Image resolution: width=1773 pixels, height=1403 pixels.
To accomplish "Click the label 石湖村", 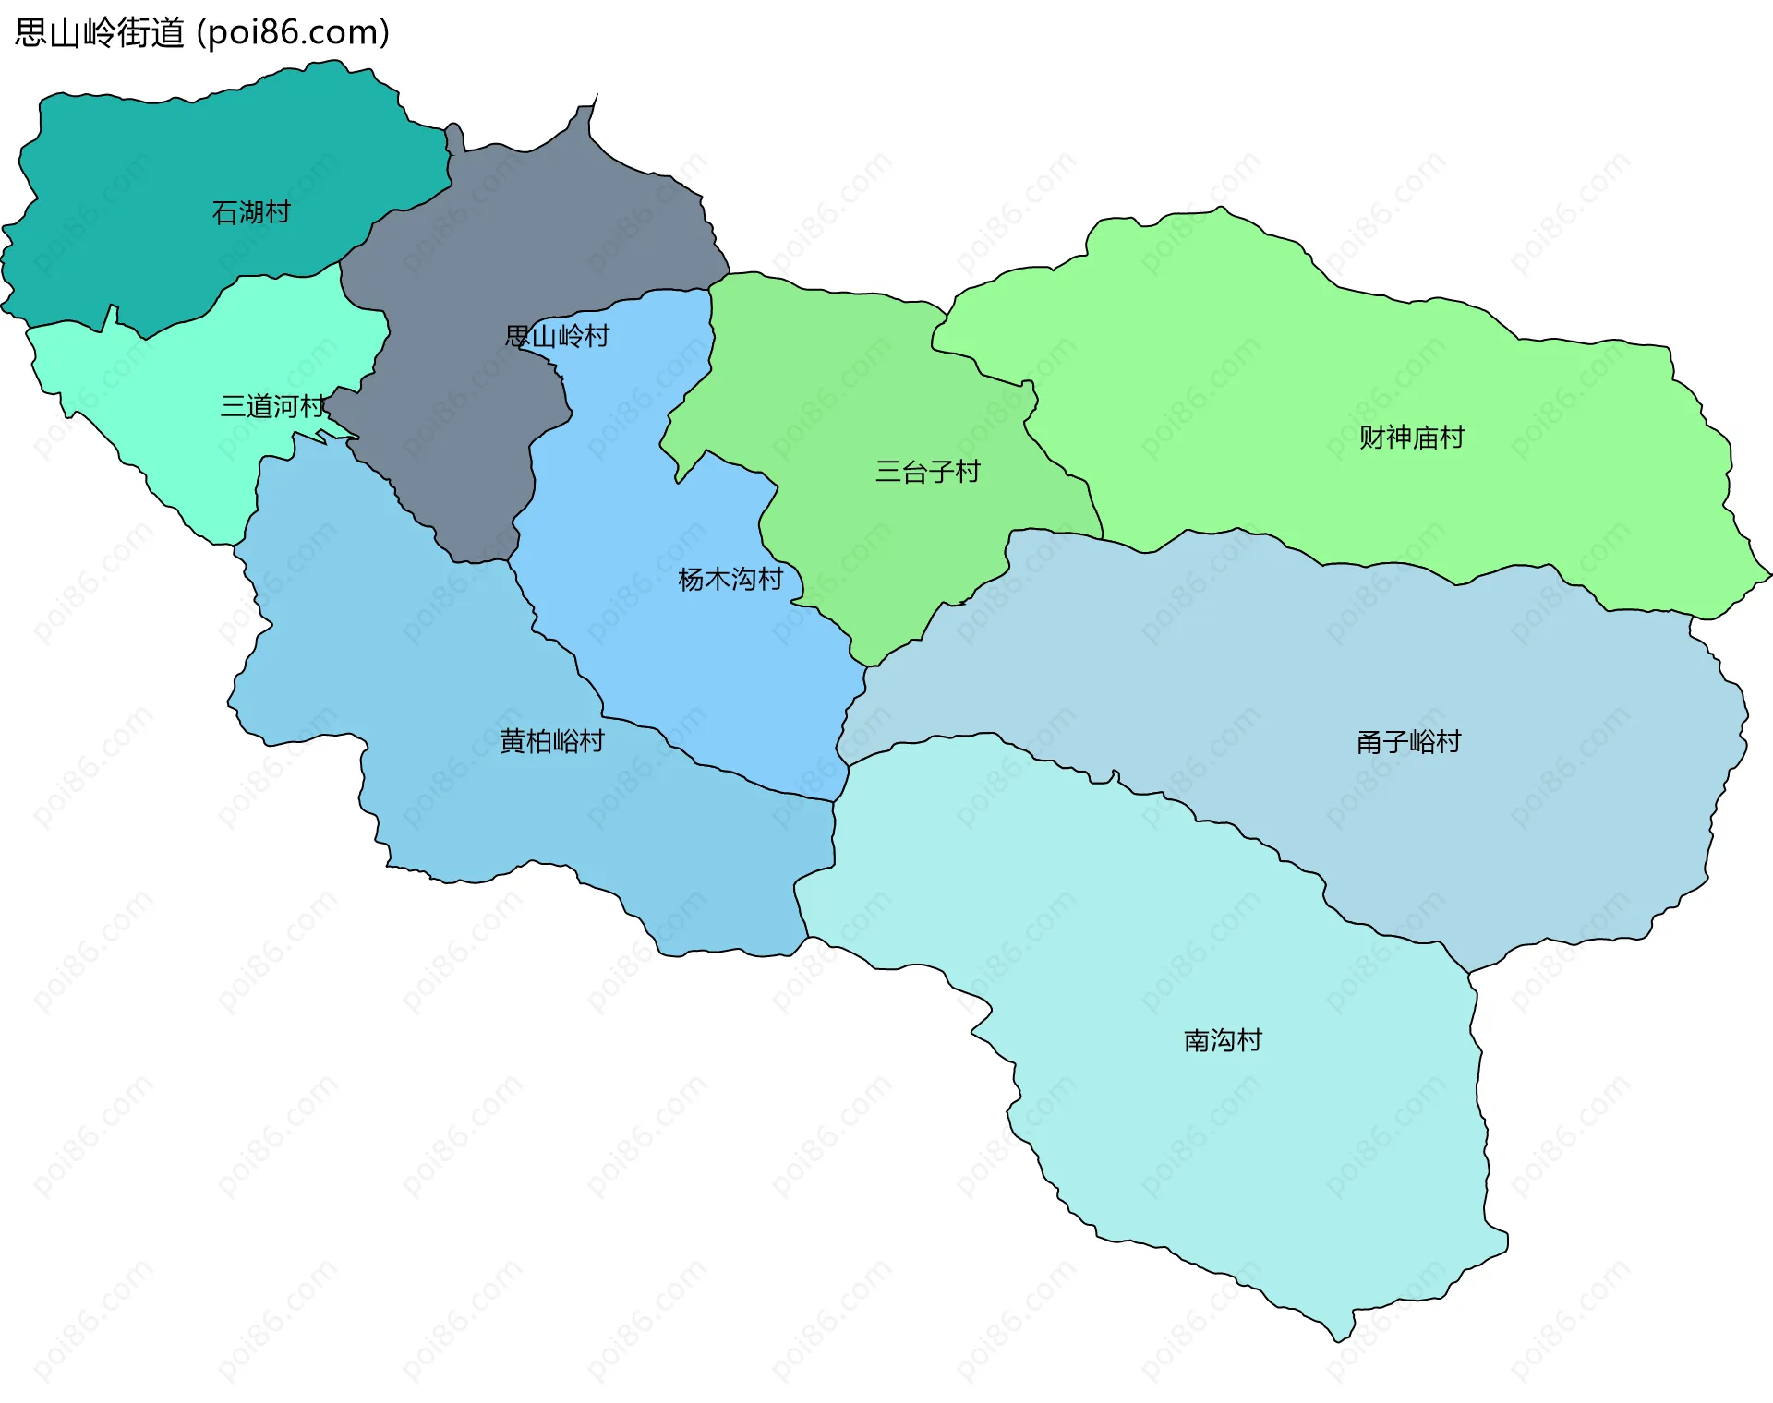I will click(x=250, y=212).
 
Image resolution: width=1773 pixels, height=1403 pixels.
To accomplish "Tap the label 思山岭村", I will click(x=557, y=336).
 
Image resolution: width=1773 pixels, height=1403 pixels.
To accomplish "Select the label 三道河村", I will click(x=272, y=406).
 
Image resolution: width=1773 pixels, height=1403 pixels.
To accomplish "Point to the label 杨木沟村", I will click(x=730, y=579).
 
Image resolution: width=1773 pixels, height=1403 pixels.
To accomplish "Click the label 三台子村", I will click(x=927, y=472).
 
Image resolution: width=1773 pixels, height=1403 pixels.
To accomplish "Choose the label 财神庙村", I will click(x=1411, y=438).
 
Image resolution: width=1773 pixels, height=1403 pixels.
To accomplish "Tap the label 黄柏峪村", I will click(x=551, y=741).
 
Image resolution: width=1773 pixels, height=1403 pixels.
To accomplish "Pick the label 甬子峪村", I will click(x=1408, y=742).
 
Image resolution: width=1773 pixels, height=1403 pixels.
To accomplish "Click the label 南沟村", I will click(x=1223, y=1041).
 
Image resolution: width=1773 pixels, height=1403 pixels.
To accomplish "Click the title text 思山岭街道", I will click(x=100, y=33).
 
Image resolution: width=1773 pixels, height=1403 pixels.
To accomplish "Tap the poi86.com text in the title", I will click(x=293, y=33).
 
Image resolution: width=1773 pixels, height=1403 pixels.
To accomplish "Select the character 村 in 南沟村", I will click(x=1249, y=1041).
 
